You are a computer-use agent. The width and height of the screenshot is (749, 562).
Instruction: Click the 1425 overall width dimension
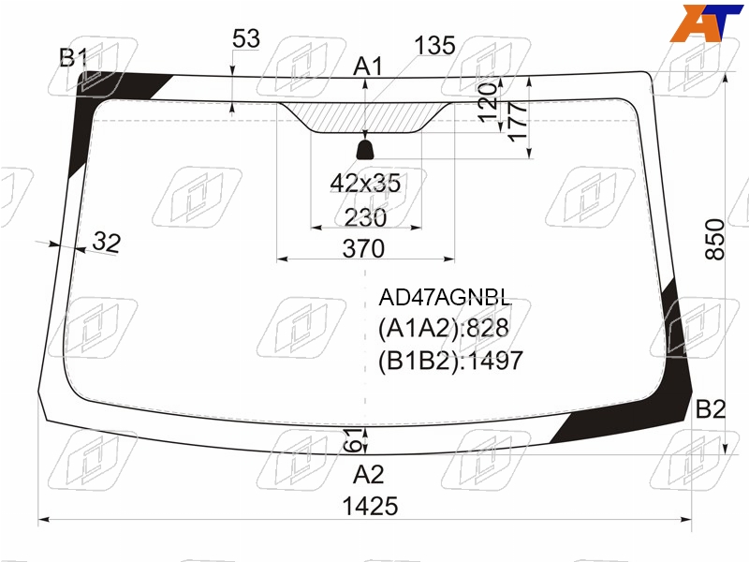click(370, 506)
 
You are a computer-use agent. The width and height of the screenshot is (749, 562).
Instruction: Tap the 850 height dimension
click(715, 239)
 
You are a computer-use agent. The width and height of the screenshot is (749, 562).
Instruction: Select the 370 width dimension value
click(363, 248)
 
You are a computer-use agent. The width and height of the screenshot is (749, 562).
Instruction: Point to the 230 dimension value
click(365, 217)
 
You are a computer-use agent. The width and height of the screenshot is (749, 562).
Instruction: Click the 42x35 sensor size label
click(365, 183)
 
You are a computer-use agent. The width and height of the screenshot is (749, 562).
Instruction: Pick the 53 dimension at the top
click(246, 38)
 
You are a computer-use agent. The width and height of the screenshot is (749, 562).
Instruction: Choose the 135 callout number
click(434, 46)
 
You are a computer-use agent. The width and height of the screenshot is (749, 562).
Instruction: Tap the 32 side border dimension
click(107, 242)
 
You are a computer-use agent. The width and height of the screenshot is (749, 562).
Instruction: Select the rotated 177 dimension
click(518, 122)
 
